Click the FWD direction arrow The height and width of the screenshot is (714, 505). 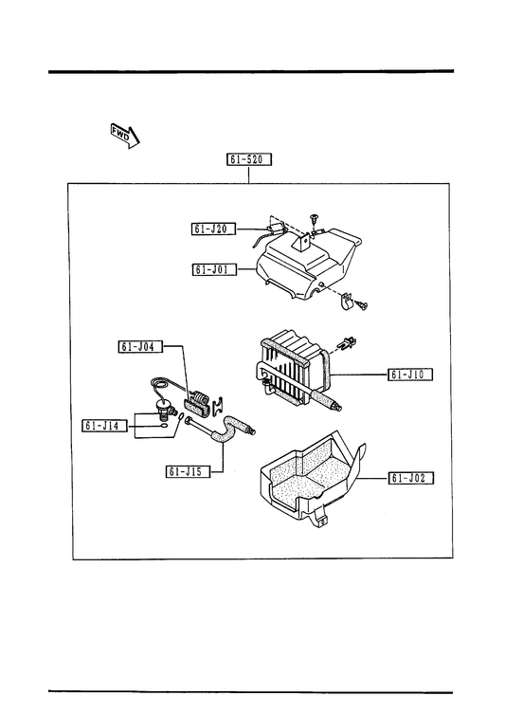[125, 136]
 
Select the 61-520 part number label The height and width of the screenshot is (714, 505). [249, 159]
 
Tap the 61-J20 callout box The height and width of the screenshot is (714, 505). [213, 229]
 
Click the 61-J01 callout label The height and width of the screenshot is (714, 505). [214, 269]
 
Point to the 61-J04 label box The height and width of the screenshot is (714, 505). [140, 346]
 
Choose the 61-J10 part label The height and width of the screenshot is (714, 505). [410, 375]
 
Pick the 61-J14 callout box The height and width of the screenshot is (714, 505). [104, 426]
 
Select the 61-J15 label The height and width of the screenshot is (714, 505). [189, 471]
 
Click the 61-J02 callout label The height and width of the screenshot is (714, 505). [410, 478]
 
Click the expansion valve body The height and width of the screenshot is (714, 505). [164, 407]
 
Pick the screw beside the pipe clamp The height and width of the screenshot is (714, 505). [362, 304]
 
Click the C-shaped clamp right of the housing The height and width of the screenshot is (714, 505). [347, 301]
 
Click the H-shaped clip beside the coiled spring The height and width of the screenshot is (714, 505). [219, 405]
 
